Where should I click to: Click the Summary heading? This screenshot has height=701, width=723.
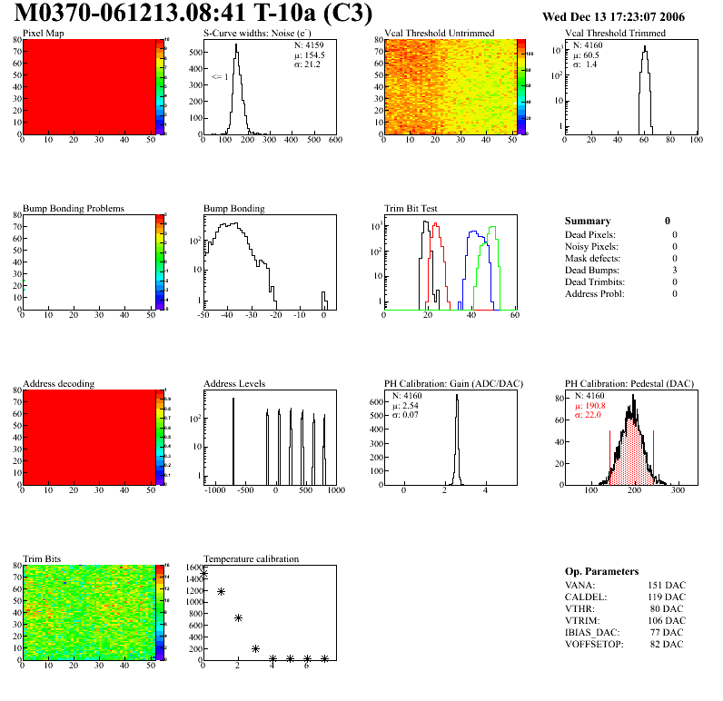click(588, 221)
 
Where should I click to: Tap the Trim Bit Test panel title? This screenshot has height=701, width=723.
click(415, 209)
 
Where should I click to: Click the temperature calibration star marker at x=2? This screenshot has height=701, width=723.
click(238, 618)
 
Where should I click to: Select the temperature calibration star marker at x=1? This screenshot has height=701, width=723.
click(221, 592)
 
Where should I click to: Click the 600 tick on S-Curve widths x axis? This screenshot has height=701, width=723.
click(334, 140)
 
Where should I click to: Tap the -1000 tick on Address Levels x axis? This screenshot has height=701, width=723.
click(215, 490)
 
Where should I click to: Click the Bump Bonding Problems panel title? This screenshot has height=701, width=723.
click(74, 209)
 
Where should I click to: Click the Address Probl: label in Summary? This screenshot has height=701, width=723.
click(591, 293)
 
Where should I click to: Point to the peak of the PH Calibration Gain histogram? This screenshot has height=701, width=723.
click(456, 397)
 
